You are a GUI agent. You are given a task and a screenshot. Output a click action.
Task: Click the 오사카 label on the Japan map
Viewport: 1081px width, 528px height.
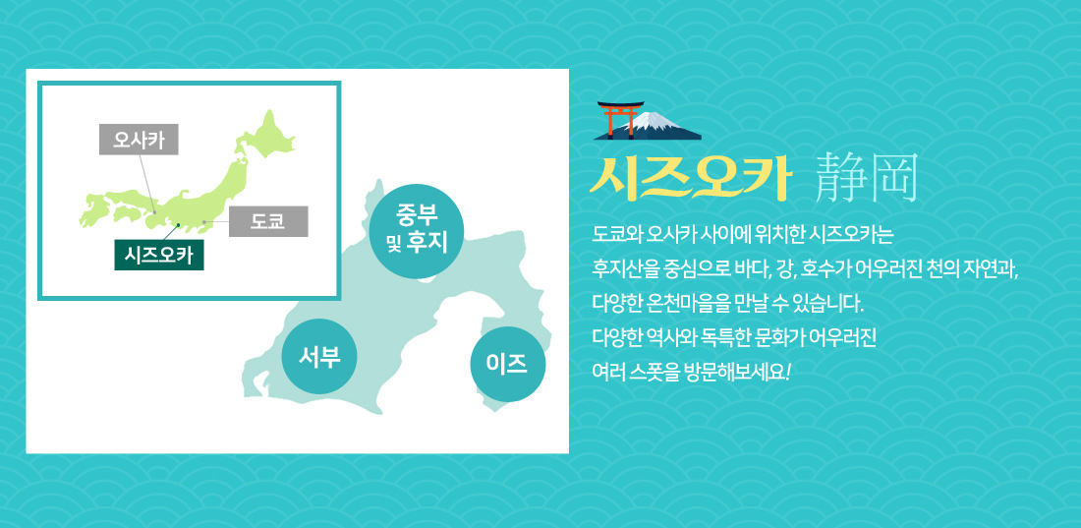[139, 140]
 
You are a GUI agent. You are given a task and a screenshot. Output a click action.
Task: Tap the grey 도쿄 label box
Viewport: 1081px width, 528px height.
[268, 221]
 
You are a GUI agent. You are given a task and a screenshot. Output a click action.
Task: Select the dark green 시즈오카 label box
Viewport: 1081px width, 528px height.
[158, 255]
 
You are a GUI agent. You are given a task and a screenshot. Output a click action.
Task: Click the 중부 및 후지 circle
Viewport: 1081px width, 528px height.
[417, 230]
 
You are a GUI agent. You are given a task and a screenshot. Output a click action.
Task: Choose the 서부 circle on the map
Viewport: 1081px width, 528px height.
[319, 356]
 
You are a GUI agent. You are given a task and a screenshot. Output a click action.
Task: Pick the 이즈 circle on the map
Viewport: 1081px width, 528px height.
[507, 364]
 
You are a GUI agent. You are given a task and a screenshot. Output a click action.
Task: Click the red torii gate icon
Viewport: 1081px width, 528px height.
[620, 119]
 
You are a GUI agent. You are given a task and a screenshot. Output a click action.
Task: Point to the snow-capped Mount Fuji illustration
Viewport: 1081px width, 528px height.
[658, 126]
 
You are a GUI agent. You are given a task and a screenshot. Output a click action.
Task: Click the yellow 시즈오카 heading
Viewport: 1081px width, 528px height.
[689, 180]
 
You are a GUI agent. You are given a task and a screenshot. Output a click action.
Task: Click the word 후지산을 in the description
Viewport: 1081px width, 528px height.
[618, 267]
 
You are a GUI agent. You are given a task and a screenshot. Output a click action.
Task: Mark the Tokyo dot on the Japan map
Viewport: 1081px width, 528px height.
[204, 222]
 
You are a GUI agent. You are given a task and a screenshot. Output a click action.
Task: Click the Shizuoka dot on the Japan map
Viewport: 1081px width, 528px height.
[179, 225]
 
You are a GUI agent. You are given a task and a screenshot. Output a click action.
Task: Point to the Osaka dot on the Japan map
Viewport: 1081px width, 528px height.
[155, 212]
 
